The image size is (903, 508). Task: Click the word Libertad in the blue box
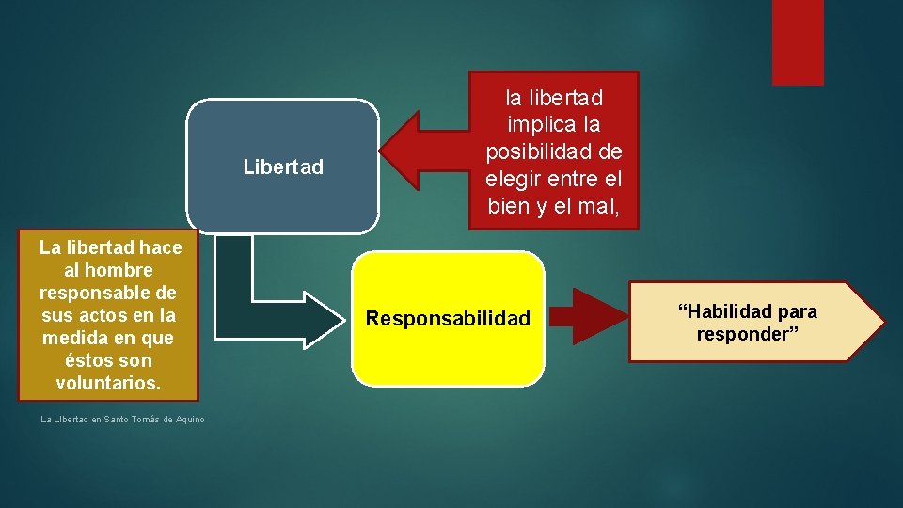[x=282, y=167]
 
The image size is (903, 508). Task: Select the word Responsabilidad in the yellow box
[x=448, y=319]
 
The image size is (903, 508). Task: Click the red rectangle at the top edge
[x=797, y=41]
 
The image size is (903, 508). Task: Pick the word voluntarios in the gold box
[x=107, y=383]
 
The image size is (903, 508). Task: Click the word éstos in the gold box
[x=88, y=360]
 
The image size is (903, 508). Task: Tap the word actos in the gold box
[x=106, y=314]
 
